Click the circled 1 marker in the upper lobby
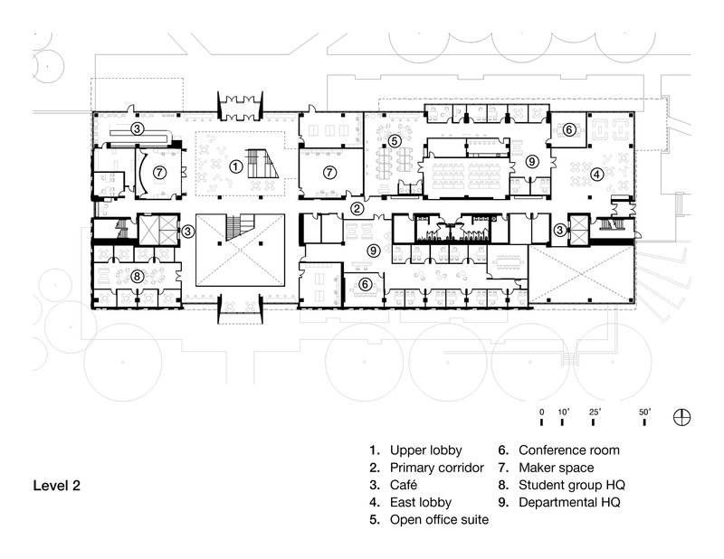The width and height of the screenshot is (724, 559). click(234, 166)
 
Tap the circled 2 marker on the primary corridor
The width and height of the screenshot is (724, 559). click(357, 209)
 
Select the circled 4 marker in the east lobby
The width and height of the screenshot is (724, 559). click(596, 172)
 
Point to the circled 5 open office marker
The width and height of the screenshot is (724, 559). click(396, 139)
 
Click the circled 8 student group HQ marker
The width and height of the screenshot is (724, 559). click(137, 276)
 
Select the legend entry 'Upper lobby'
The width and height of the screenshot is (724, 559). click(425, 450)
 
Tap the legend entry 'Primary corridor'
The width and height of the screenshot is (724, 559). click(437, 468)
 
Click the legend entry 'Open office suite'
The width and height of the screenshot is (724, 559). click(437, 520)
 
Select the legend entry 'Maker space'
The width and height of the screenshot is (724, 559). click(557, 468)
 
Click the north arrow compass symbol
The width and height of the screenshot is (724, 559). click(684, 417)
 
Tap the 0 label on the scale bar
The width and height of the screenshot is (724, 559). click(541, 412)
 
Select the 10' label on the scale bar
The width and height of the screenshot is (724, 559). click(563, 412)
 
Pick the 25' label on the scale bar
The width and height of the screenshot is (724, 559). click(595, 412)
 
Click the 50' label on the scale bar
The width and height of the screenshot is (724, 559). click(646, 412)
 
